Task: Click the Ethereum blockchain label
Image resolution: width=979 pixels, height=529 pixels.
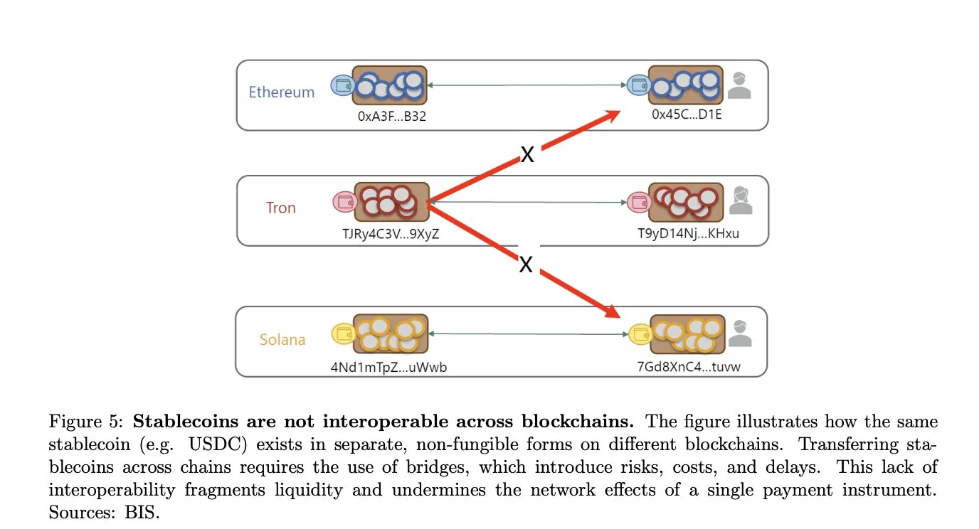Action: [x=281, y=92]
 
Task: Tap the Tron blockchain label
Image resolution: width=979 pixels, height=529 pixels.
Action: [x=280, y=208]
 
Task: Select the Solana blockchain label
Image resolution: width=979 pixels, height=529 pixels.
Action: [x=282, y=340]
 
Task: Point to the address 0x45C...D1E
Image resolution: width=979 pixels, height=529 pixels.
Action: [x=687, y=114]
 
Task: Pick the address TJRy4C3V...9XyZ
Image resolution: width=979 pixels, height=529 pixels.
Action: [x=392, y=233]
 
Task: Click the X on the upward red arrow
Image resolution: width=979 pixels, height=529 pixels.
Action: [x=526, y=154]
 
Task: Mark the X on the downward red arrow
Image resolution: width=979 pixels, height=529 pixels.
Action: [x=526, y=264]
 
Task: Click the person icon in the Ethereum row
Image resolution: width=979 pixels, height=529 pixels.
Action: [x=739, y=85]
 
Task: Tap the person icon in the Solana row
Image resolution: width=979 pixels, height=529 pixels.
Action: [x=740, y=333]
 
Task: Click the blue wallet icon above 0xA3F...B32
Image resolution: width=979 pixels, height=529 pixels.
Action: [x=342, y=86]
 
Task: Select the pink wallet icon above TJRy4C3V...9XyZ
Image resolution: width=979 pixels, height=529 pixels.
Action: [x=344, y=202]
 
